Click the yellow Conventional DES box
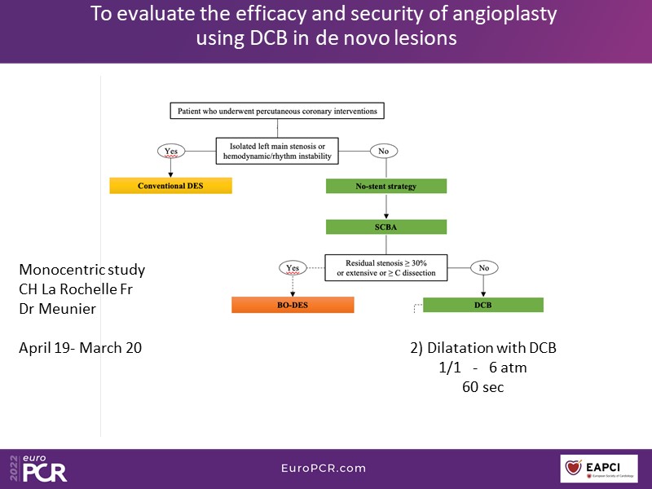170,186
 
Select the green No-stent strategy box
386,186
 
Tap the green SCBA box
386,227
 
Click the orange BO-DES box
293,305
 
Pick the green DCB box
483,305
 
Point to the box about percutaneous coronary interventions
278,110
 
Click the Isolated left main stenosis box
278,151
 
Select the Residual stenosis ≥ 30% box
386,267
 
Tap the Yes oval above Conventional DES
170,151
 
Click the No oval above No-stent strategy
383,151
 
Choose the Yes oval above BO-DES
293,267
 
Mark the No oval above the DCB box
483,267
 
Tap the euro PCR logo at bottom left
37,469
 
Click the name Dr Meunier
58,309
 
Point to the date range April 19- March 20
80,348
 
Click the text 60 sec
482,387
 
